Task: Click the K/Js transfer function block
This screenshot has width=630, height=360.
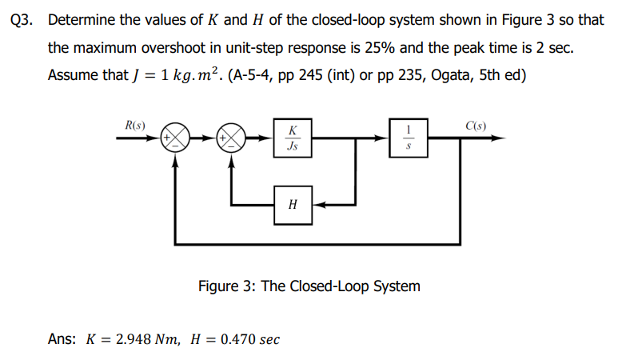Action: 293,138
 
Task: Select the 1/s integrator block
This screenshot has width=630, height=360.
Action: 409,138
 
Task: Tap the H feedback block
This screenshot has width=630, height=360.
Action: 293,205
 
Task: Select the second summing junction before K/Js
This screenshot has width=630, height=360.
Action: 232,138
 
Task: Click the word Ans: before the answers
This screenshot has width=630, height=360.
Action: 62,338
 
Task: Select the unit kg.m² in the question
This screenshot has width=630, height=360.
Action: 185,75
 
